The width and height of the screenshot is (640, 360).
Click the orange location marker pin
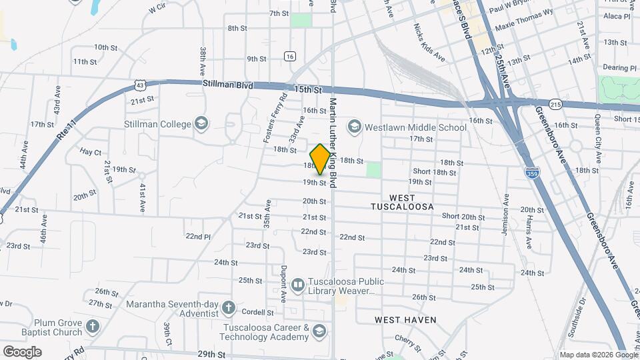click(x=320, y=159)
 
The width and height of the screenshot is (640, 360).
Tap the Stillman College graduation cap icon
click(x=201, y=123)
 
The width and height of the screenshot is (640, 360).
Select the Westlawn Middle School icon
click(x=353, y=127)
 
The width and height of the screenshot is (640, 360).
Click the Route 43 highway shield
click(x=139, y=85)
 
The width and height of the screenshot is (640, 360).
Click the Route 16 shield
click(x=289, y=57)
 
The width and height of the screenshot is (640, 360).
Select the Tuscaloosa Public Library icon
click(x=297, y=285)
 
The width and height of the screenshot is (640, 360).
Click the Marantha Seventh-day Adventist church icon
click(x=229, y=307)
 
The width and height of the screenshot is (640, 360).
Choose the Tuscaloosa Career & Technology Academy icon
click(x=319, y=331)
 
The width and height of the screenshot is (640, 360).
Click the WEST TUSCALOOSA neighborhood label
click(x=402, y=203)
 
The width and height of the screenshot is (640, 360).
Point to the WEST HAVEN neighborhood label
click(x=405, y=320)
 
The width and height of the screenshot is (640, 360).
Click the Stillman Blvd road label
click(x=223, y=85)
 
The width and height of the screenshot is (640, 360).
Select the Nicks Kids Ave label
click(x=429, y=43)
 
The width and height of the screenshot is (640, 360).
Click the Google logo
click(x=22, y=352)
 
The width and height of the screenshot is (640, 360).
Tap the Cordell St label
click(x=258, y=312)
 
